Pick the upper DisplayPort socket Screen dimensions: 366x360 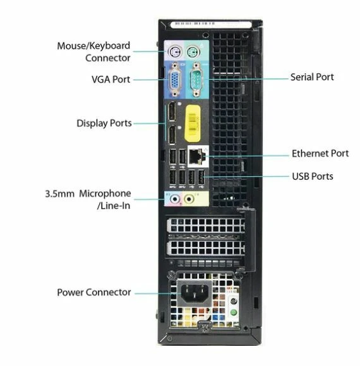pos(171,115)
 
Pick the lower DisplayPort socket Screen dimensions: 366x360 pos(171,134)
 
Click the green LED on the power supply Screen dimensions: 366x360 pos(234,310)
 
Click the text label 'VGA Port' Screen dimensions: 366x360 pos(111,80)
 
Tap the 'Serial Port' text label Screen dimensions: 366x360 pos(312,77)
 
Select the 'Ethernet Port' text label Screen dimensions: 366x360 pos(320,153)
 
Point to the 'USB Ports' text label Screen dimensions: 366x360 pos(313,176)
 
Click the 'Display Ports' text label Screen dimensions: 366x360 pos(104,123)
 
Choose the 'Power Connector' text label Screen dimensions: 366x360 pos(94,292)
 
